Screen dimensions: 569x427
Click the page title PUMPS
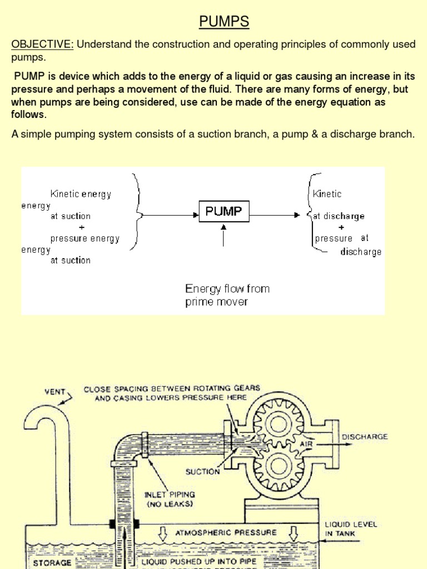pos(225,22)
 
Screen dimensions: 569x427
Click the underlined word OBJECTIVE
pos(42,44)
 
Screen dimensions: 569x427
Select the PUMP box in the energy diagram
pos(224,212)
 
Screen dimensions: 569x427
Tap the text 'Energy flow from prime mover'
pos(227,295)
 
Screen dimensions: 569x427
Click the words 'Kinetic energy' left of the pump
pos(81,194)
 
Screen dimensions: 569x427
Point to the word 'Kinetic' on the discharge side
pos(327,194)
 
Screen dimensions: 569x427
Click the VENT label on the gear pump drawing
pos(55,391)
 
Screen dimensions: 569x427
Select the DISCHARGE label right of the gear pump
pos(365,437)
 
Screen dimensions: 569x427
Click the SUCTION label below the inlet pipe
pos(202,472)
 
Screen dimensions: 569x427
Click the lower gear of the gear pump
pos(276,461)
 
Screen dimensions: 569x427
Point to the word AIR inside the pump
pos(306,445)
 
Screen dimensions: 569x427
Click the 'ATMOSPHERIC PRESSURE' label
pos(226,532)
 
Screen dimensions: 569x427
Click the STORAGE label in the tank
pos(52,562)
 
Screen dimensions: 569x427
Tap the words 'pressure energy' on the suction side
pos(85,238)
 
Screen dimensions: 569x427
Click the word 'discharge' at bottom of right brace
pos(361,252)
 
